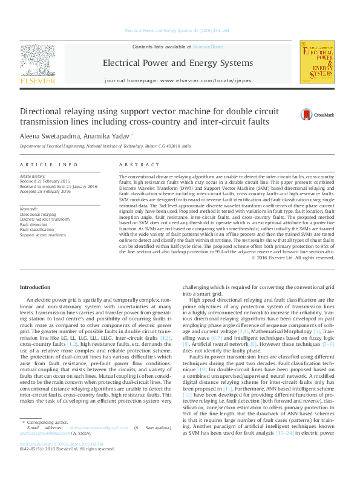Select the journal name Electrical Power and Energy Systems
[x=177, y=63]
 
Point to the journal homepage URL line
[x=177, y=80]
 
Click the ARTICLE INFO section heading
[x=48, y=164]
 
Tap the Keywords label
[x=30, y=209]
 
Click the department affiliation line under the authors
[x=105, y=146]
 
